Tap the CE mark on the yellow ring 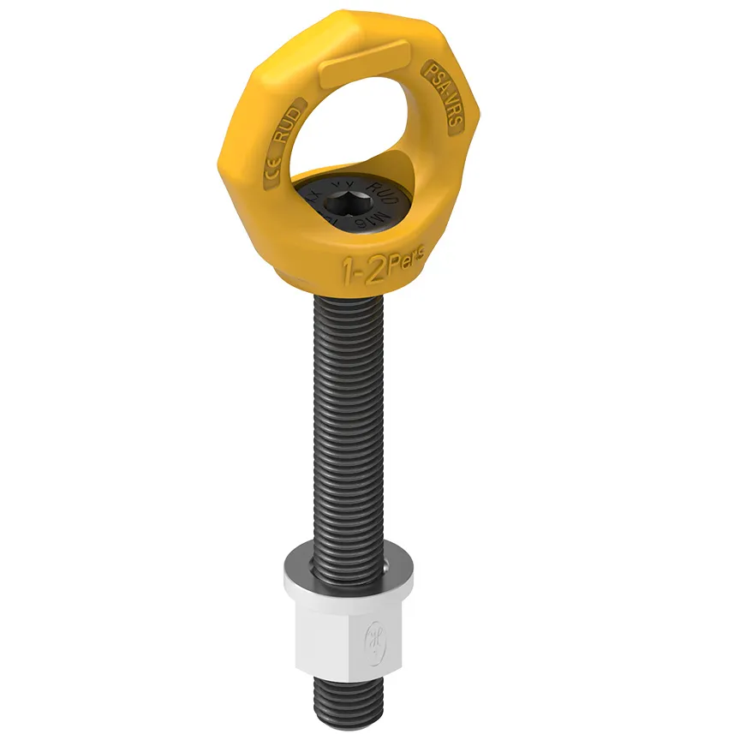pos(270,170)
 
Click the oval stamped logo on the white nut pos(375,639)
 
